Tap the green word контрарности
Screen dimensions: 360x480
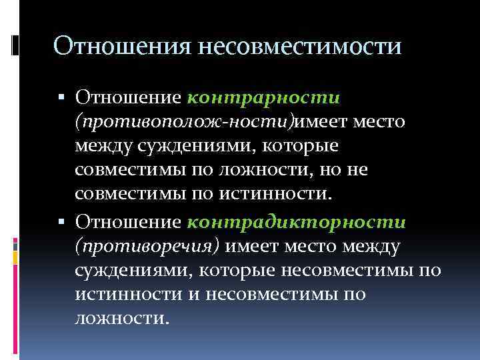265,98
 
